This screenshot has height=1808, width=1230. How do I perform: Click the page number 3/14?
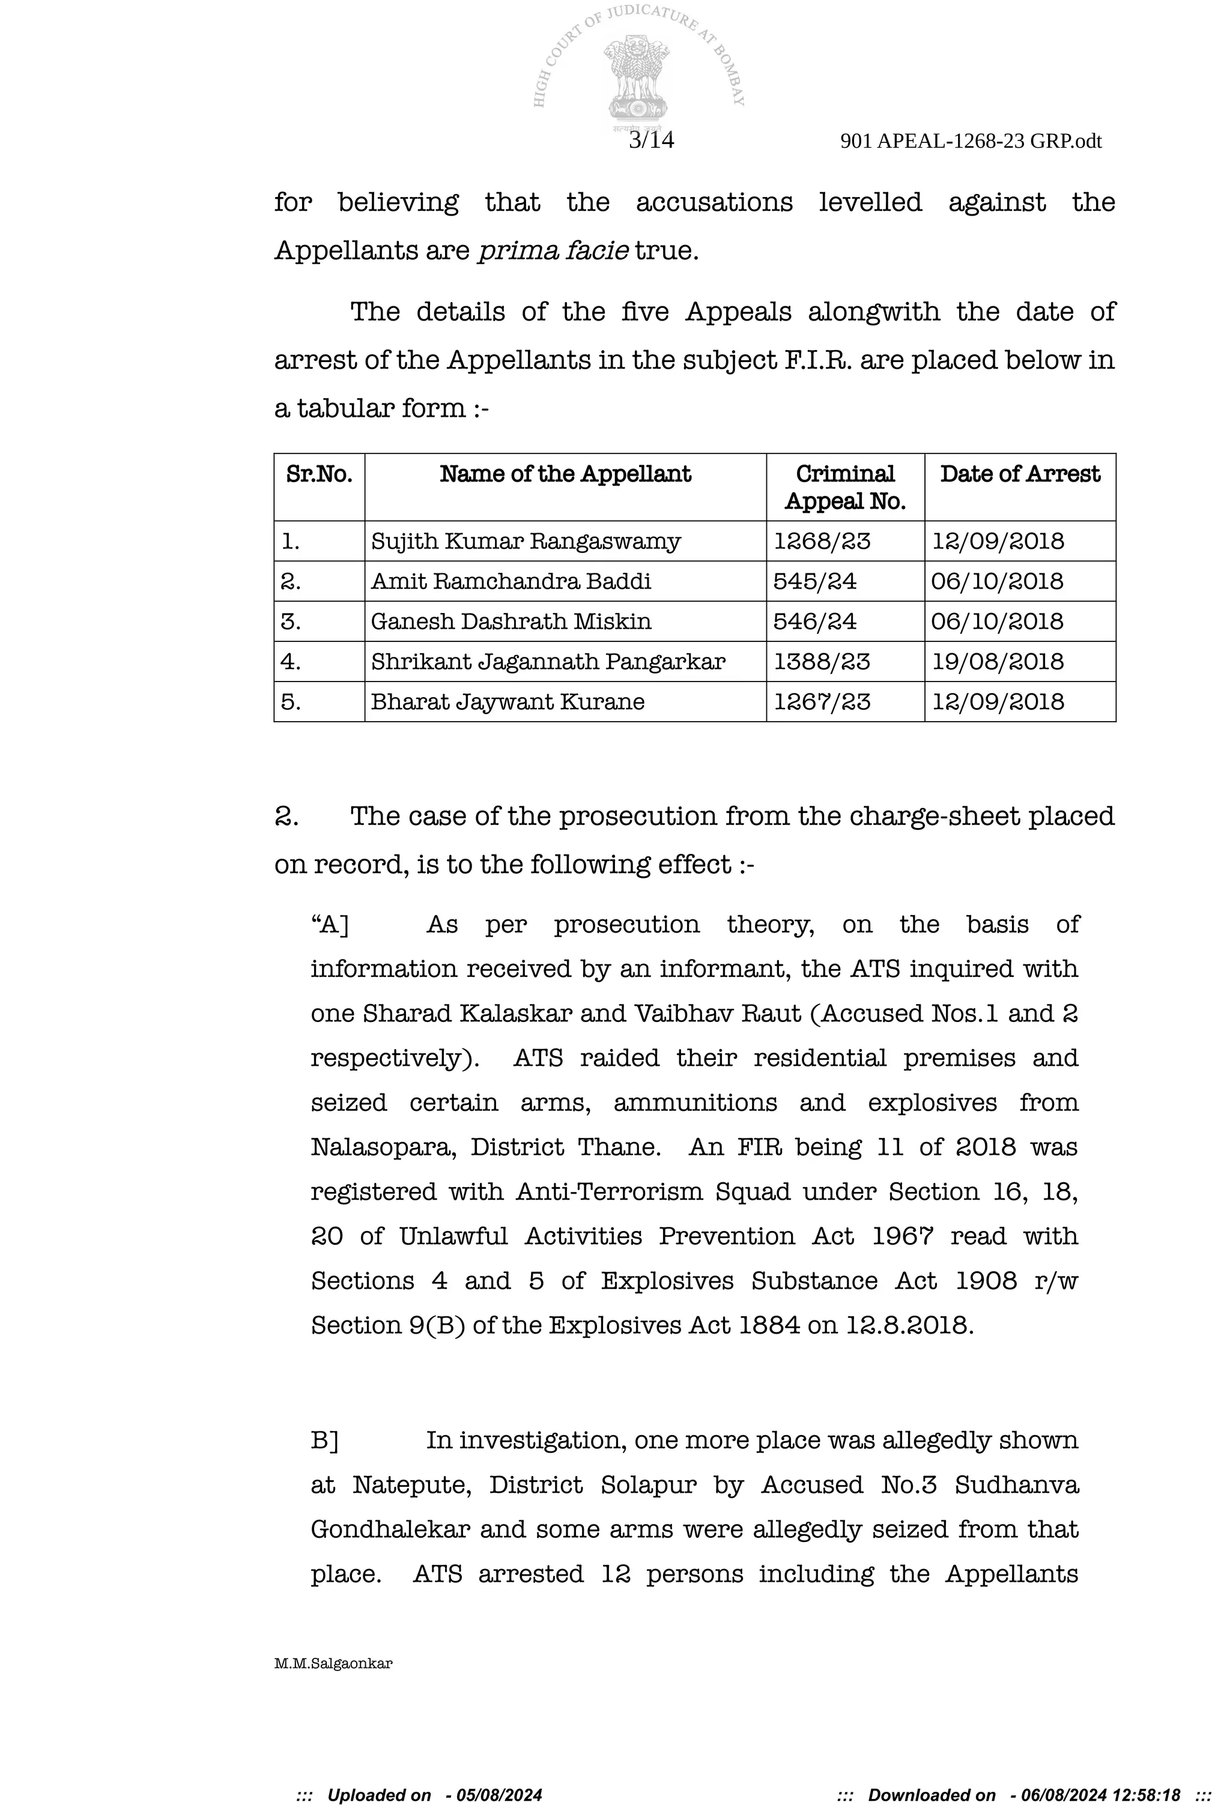point(651,140)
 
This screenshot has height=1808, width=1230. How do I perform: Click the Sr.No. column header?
point(319,474)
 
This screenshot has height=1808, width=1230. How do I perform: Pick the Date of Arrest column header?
point(1019,474)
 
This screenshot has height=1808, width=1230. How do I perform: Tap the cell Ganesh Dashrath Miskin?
point(510,621)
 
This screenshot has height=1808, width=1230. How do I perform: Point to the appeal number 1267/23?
point(822,702)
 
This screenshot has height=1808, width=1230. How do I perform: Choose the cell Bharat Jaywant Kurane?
point(507,702)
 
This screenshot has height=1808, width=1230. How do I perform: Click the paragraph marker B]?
point(324,1440)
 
